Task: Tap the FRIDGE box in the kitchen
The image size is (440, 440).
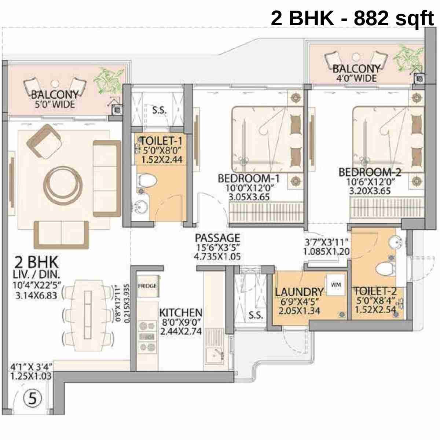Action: tap(147, 286)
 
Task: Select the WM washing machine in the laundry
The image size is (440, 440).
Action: tap(335, 285)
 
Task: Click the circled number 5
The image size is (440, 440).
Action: tap(33, 399)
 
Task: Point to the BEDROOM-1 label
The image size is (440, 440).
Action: tap(249, 179)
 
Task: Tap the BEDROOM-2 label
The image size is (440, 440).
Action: tap(370, 172)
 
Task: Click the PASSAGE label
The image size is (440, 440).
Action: tap(217, 238)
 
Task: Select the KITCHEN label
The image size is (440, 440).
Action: tap(181, 313)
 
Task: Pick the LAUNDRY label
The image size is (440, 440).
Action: tap(299, 292)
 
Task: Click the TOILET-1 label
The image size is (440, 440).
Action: tap(161, 140)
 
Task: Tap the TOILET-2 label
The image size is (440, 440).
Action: tap(375, 291)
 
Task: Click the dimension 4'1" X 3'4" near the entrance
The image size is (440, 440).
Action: tap(31, 366)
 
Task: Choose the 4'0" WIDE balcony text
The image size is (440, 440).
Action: tap(356, 78)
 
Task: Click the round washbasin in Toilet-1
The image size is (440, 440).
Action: tap(141, 208)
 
